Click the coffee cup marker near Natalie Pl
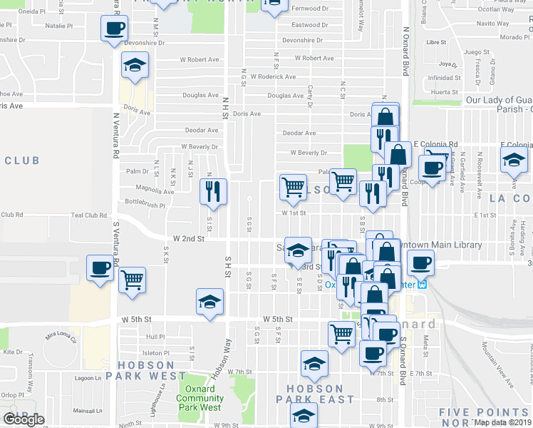(114, 30)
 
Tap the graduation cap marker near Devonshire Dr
(134, 66)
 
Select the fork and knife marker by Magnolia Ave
(213, 191)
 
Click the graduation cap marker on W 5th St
(210, 302)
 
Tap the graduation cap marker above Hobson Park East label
(314, 365)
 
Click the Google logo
(24, 419)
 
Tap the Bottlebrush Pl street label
(145, 204)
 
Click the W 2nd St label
(189, 240)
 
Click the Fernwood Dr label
(309, 9)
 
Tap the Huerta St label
(444, 92)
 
